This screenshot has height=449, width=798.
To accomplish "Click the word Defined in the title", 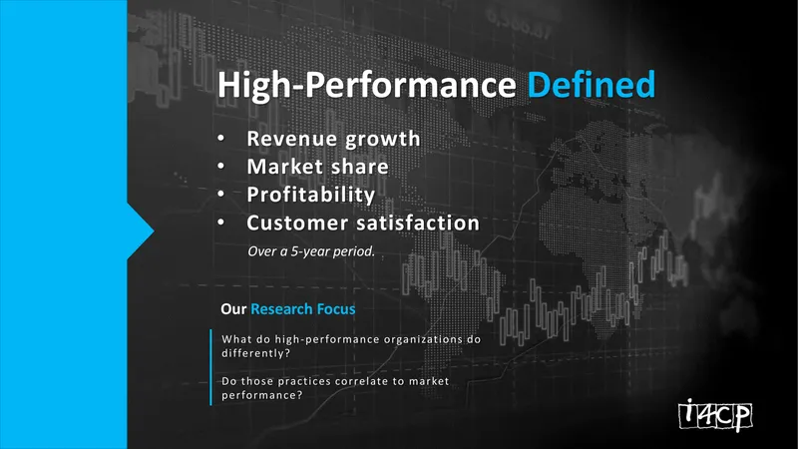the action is tap(592, 85).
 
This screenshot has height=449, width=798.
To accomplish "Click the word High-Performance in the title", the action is tap(367, 85).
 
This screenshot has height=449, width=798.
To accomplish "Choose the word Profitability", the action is tap(311, 195).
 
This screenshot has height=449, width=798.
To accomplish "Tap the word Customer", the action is tap(297, 223).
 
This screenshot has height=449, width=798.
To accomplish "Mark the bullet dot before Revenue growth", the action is tap(220, 138).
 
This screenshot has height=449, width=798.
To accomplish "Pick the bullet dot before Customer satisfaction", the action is tap(220, 223).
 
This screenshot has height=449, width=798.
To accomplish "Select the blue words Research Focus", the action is tap(303, 309).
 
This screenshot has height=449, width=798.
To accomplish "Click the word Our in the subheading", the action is tap(233, 309).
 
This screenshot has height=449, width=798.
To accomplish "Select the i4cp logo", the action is tap(715, 415).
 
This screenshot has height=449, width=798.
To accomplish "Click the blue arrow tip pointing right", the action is tap(154, 231).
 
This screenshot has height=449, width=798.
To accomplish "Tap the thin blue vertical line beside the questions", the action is tap(210, 367).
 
